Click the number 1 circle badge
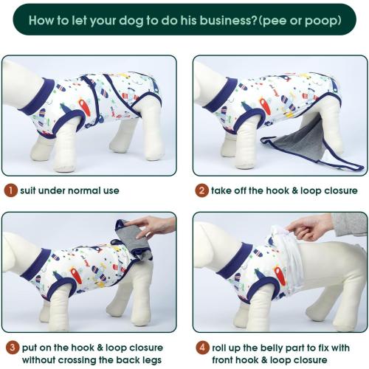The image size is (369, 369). pyautogui.click(x=10, y=190)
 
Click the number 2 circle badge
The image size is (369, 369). pyautogui.click(x=201, y=190)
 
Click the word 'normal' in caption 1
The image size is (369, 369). pyautogui.click(x=80, y=190)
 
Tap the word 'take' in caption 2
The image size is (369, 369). pyautogui.click(x=223, y=190)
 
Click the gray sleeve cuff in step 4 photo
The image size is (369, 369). pyautogui.click(x=347, y=224)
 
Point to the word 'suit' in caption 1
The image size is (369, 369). pyautogui.click(x=30, y=190)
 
